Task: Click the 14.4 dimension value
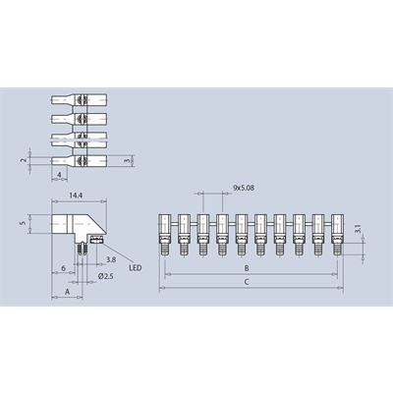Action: (76, 196)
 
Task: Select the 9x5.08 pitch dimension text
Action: (244, 188)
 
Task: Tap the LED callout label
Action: (136, 268)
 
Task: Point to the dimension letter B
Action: (247, 268)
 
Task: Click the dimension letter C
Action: (247, 282)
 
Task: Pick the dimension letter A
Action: (67, 292)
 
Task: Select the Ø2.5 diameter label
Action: (105, 276)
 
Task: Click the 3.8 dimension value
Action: (111, 259)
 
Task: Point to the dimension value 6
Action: (64, 268)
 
